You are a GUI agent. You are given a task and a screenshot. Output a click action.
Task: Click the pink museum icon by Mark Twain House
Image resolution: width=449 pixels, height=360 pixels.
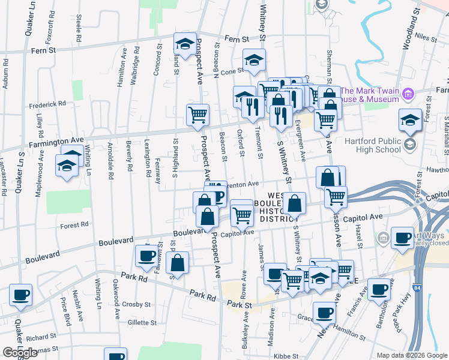point(409,94)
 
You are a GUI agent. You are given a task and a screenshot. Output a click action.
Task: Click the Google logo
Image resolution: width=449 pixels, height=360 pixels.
point(20,353)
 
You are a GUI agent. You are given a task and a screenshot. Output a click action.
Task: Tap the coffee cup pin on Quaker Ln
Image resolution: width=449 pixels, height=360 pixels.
point(21,295)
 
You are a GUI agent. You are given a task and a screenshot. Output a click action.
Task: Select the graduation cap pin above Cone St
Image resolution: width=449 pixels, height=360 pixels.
point(254,59)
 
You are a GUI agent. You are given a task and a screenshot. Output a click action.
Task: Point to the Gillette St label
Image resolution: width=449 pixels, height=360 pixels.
point(142,322)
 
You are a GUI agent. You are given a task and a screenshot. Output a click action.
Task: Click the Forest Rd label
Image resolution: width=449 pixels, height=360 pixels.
point(75,226)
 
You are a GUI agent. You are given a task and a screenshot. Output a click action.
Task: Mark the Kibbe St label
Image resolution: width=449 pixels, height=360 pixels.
point(288,356)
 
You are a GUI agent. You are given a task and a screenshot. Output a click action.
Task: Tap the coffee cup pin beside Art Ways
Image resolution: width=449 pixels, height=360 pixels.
point(402,238)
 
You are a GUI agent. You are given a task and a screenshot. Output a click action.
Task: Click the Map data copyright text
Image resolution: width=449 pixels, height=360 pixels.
point(412,355)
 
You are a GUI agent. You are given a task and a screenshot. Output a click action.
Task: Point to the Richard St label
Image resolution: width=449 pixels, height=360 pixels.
point(41,337)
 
